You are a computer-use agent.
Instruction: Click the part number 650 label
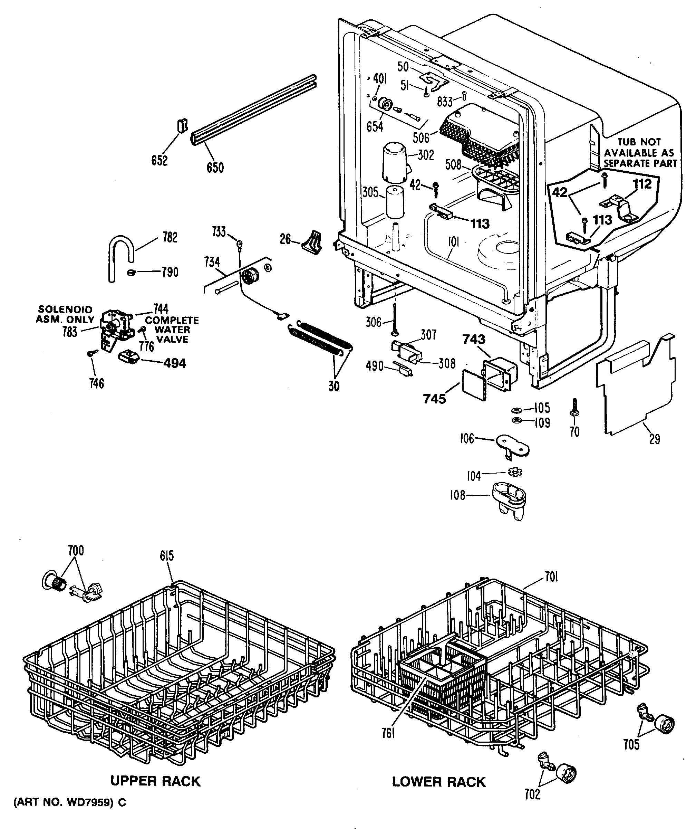click(x=215, y=168)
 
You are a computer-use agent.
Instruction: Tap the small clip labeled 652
click(x=182, y=127)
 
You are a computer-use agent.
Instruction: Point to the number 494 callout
click(x=174, y=363)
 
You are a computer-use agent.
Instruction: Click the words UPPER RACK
click(x=155, y=781)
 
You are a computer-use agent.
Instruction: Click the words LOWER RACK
click(x=438, y=782)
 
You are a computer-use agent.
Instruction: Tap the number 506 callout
click(x=420, y=138)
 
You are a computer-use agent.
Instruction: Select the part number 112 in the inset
click(x=642, y=184)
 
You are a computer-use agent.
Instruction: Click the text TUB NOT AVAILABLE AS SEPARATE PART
click(x=640, y=153)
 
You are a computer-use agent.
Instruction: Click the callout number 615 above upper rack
click(x=166, y=556)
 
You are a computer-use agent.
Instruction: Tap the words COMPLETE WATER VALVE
click(x=172, y=330)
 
